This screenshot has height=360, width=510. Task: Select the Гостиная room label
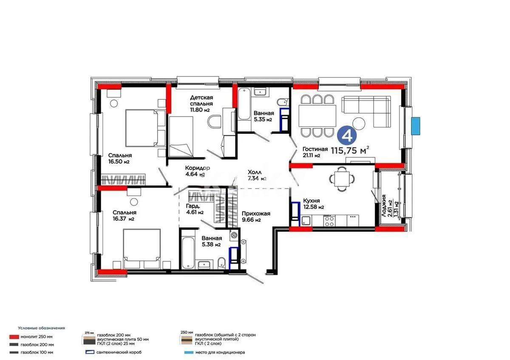click(315, 149)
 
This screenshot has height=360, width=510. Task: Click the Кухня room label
click(312, 201)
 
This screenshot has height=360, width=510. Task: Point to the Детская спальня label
click(201, 100)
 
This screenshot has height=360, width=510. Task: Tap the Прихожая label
click(256, 214)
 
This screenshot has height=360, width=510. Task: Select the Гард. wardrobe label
click(192, 206)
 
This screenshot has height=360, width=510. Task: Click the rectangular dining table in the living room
click(317, 115)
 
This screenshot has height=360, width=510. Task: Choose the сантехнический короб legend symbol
click(89, 352)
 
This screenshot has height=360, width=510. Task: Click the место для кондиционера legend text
click(220, 352)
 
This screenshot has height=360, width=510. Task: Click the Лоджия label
click(384, 206)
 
